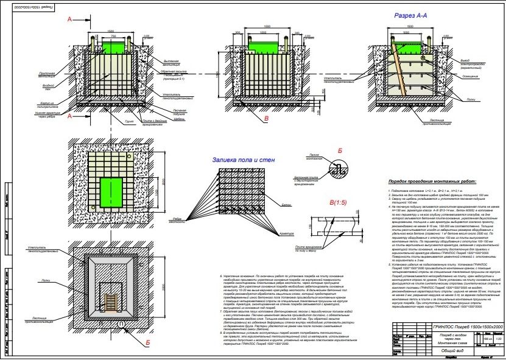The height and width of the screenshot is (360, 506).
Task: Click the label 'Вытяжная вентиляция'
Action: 173,62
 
